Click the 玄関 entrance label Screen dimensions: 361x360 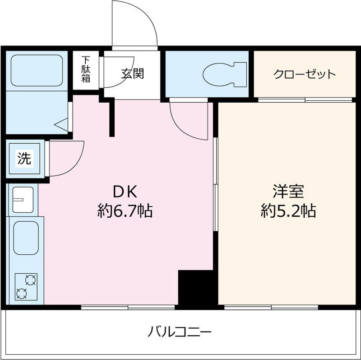coord(133,74)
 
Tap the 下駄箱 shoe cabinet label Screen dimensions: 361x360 coord(86,70)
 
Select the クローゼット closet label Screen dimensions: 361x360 coord(305,74)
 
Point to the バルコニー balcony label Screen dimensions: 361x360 coord(179,332)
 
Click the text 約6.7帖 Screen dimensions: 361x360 coord(125,210)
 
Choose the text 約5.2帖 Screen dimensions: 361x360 coord(288,210)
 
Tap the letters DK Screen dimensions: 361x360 coord(125,192)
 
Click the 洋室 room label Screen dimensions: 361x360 coord(288,192)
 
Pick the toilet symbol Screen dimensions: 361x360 coord(224,74)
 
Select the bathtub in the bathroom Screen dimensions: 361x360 coord(37,70)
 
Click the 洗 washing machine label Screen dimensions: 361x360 coord(24,159)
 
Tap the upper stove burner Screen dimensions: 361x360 coord(31,280)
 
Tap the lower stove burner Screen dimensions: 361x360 coord(21,294)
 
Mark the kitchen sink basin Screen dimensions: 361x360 coord(26,238)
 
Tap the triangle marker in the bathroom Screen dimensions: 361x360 coord(61,125)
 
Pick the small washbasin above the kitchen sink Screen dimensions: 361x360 coord(23,200)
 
